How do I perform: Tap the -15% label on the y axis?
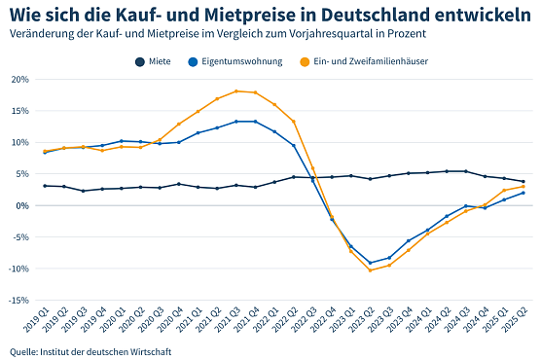click(19, 301)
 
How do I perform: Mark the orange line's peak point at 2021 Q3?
click(236, 90)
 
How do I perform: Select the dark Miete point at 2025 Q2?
click(523, 181)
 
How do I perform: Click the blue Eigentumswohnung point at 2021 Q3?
click(236, 122)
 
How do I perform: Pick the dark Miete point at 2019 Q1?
click(45, 186)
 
